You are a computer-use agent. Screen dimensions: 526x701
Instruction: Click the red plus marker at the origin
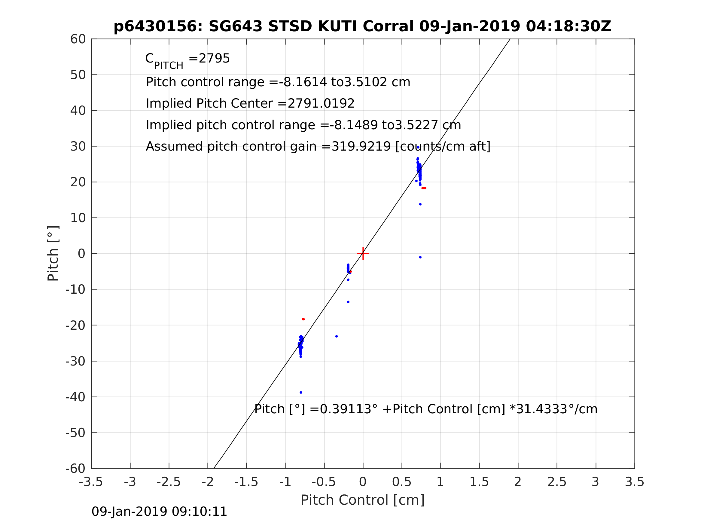point(363,254)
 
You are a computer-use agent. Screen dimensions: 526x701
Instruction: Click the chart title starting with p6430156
point(362,26)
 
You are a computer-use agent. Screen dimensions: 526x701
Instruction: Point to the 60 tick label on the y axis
point(78,39)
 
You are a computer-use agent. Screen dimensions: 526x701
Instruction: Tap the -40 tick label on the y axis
point(75,397)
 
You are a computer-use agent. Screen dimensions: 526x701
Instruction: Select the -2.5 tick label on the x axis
point(169,482)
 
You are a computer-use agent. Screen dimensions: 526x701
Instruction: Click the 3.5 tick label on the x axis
point(635,482)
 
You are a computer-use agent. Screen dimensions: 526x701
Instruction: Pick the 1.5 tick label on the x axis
point(479,482)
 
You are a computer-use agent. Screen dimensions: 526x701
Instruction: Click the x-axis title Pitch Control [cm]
point(362,500)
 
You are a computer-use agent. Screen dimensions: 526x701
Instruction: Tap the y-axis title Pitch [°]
point(53,254)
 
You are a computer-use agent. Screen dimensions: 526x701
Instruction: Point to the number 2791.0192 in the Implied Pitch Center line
point(321,104)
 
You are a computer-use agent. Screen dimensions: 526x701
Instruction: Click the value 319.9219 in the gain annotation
point(361,146)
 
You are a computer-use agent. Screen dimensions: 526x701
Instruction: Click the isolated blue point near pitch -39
point(301,393)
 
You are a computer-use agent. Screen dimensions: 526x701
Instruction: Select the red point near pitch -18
point(303,319)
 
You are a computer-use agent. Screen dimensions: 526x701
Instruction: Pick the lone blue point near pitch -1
point(420,257)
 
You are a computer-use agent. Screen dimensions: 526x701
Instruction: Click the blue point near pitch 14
point(420,204)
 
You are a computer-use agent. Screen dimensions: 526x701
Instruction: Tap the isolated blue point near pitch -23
point(337,336)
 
